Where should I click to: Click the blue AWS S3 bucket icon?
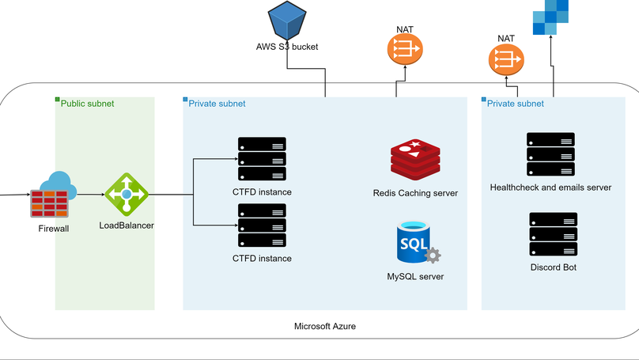pyautogui.click(x=287, y=19)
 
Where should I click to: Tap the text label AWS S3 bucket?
pyautogui.click(x=287, y=47)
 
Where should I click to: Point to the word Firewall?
pyautogui.click(x=54, y=229)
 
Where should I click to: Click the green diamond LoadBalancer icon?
pyautogui.click(x=127, y=194)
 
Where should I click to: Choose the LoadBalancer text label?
pyautogui.click(x=127, y=225)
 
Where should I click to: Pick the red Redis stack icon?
pyautogui.click(x=414, y=161)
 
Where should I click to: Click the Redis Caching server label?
pyautogui.click(x=415, y=193)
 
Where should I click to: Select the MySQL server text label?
pyautogui.click(x=415, y=277)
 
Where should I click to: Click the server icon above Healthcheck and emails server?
pyautogui.click(x=550, y=154)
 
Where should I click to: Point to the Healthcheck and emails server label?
pyautogui.click(x=550, y=188)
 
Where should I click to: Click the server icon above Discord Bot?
pyautogui.click(x=553, y=234)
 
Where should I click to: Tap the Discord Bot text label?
pyautogui.click(x=553, y=267)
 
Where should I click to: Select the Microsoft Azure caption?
pyautogui.click(x=325, y=326)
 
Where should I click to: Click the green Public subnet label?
pyautogui.click(x=87, y=103)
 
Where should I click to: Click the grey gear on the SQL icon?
pyautogui.click(x=432, y=256)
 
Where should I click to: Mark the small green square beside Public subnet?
pyautogui.click(x=57, y=100)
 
